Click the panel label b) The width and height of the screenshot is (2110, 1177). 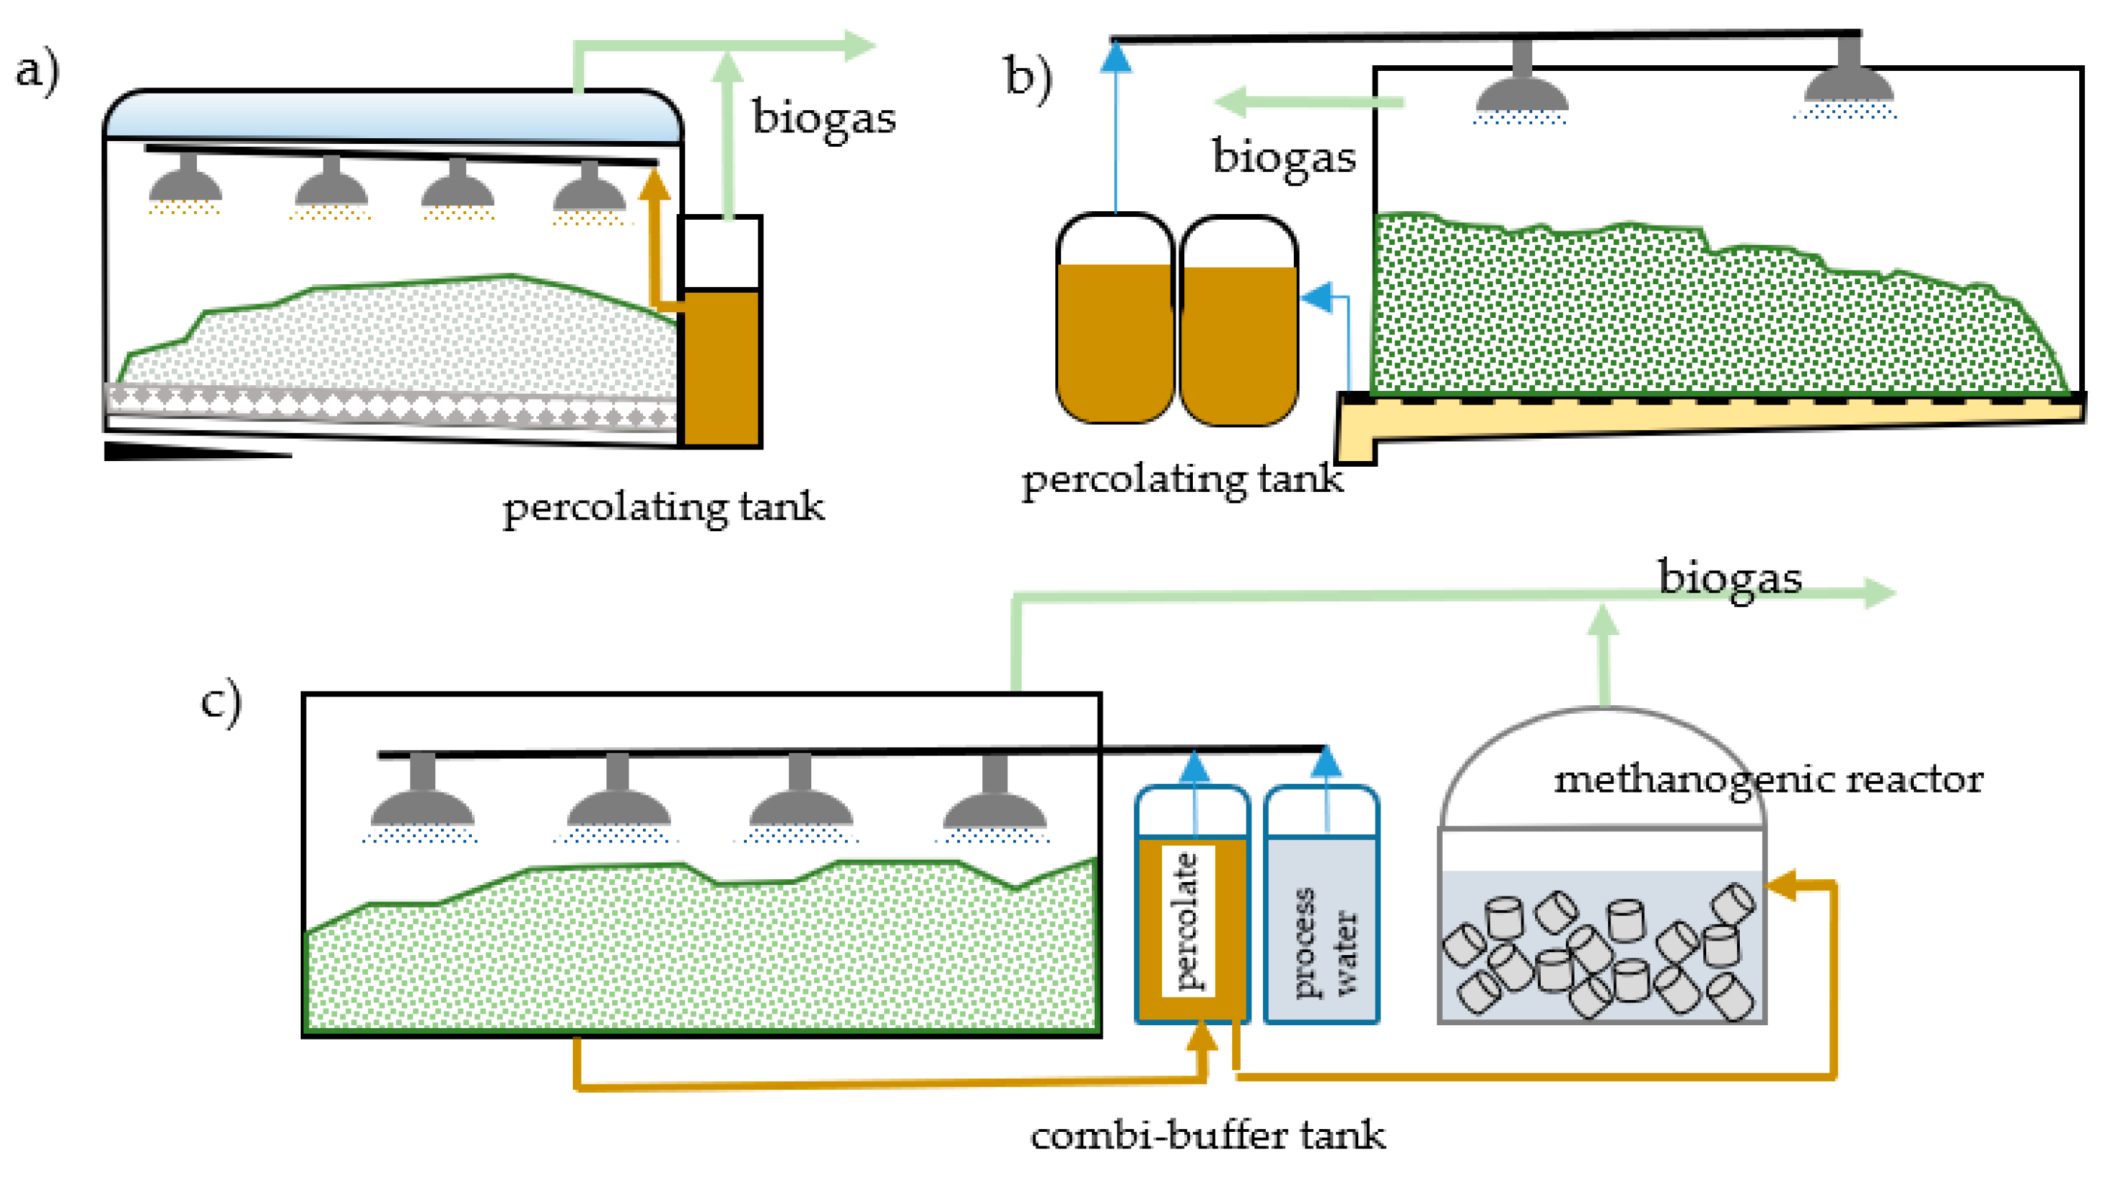[1029, 79]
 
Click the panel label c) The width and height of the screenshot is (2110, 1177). [222, 701]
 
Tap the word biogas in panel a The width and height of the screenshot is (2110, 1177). [823, 119]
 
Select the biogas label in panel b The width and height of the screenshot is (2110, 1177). [1284, 158]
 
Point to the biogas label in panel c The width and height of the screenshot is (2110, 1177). [1730, 578]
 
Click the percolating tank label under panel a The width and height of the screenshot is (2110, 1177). [664, 508]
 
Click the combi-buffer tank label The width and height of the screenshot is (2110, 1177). [1207, 1136]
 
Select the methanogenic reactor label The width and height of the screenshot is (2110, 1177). [1768, 780]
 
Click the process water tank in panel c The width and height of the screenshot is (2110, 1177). [1321, 904]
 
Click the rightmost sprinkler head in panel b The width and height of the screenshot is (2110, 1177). [1849, 79]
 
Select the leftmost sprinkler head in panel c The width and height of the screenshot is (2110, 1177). [422, 795]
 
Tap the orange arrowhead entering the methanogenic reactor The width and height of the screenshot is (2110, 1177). [1781, 886]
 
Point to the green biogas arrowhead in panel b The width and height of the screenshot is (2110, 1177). [1230, 102]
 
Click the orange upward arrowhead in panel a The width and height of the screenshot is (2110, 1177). [654, 183]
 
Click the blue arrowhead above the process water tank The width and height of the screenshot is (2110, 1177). [1327, 761]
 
